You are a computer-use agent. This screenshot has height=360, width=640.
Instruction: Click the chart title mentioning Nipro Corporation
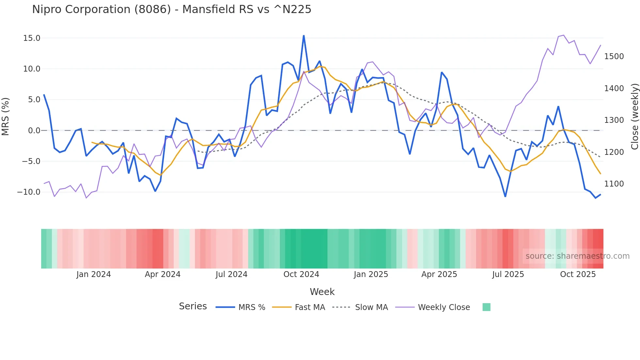pos(172,9)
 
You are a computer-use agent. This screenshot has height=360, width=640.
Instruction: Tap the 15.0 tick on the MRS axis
pos(32,38)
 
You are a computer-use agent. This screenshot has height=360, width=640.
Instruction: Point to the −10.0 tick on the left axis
pos(29,192)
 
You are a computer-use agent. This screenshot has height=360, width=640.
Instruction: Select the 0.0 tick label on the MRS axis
pos(34,131)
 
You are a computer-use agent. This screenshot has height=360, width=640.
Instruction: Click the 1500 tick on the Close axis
pos(614,57)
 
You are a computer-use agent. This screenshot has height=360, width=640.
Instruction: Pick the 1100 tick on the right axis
pos(614,184)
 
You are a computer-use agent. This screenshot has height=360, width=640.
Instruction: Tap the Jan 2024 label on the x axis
pos(94,274)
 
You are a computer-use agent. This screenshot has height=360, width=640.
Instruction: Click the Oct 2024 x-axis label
pos(301,274)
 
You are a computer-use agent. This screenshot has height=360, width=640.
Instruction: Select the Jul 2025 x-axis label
pos(508,274)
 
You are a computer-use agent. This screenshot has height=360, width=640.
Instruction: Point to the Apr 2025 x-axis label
pos(439,274)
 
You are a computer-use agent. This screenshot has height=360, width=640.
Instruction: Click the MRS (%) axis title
pos(6,117)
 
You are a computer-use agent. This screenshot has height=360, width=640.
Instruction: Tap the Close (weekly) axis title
pos(634,117)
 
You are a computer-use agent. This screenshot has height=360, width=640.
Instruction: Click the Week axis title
pos(322,292)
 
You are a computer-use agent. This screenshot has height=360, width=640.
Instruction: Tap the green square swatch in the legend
pos(487,307)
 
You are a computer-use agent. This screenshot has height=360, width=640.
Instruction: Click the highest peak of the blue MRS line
pos(304,35)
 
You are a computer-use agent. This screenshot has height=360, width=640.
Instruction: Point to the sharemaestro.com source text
pos(577,256)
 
